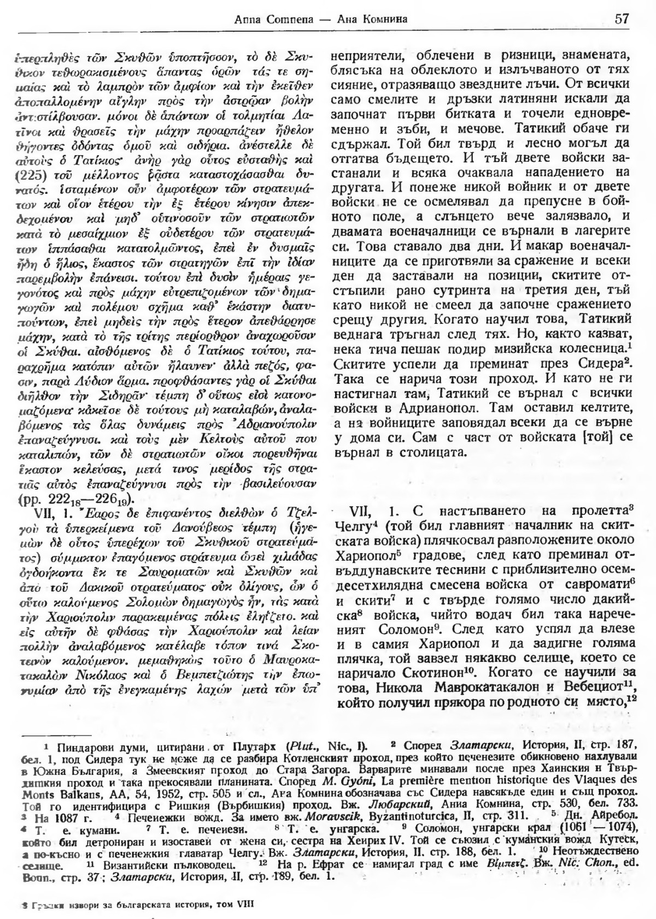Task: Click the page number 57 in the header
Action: [x=622, y=19]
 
